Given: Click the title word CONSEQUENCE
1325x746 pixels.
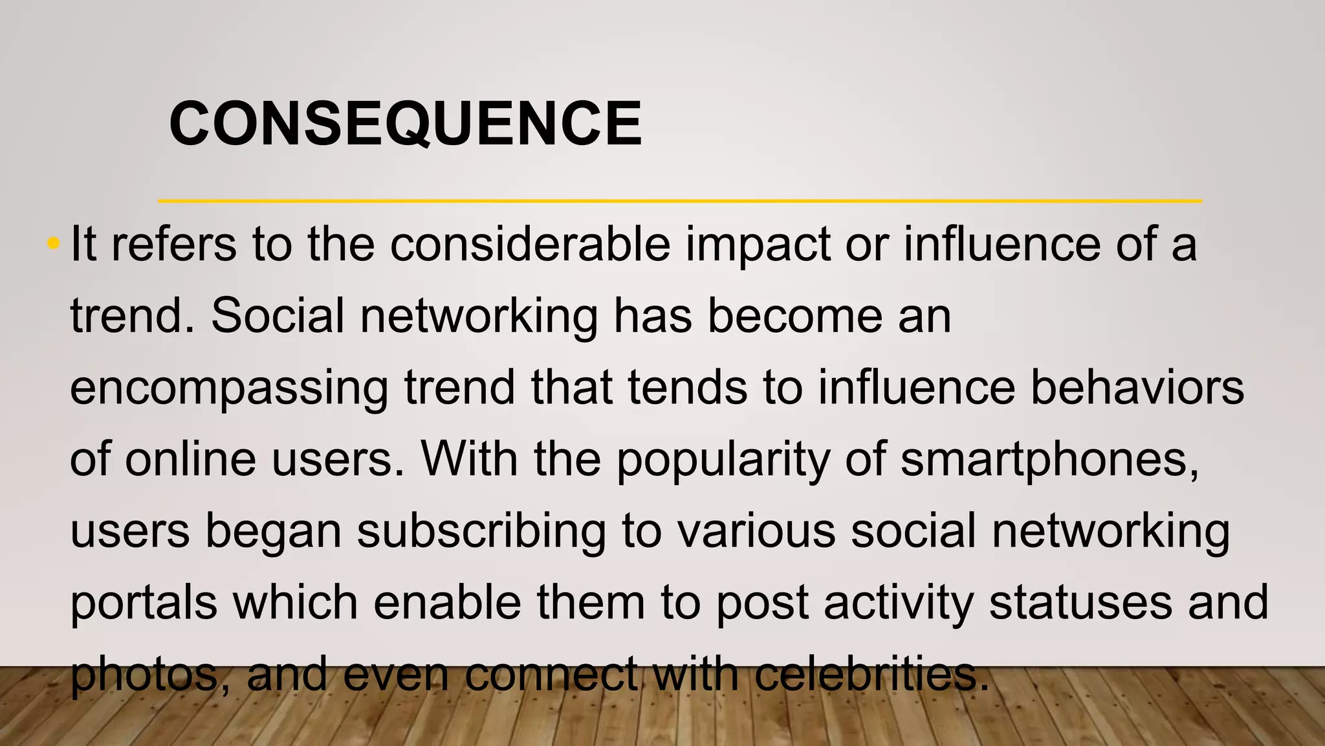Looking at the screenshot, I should [x=405, y=124].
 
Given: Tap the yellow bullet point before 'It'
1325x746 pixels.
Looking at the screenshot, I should [x=54, y=244].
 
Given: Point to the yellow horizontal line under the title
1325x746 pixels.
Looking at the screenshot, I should [x=679, y=201].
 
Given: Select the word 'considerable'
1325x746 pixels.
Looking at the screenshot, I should [x=530, y=245].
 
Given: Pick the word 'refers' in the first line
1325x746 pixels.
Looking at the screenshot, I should [x=174, y=245].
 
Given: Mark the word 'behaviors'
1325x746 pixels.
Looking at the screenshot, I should [x=1137, y=388].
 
